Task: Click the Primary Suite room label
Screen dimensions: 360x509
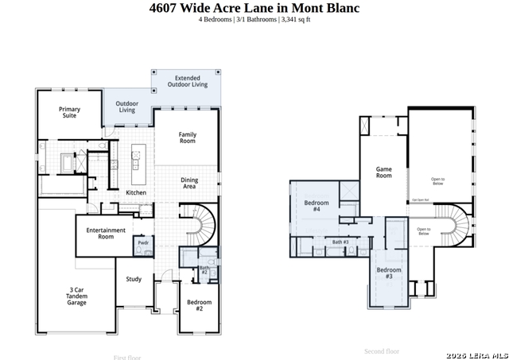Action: point(70,112)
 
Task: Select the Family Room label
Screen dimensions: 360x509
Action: point(188,137)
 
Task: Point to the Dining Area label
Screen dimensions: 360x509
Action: point(189,183)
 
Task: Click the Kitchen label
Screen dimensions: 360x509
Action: point(136,193)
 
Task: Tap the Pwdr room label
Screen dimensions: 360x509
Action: point(143,242)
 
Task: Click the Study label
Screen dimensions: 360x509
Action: point(134,279)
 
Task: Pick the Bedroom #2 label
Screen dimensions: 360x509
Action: point(199,304)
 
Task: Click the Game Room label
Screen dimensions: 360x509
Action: point(384,172)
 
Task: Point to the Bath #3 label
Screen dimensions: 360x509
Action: point(341,242)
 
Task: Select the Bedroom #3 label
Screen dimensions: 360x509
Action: point(389,273)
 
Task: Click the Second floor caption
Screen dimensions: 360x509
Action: point(382,350)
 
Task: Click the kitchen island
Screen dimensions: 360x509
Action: point(135,158)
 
